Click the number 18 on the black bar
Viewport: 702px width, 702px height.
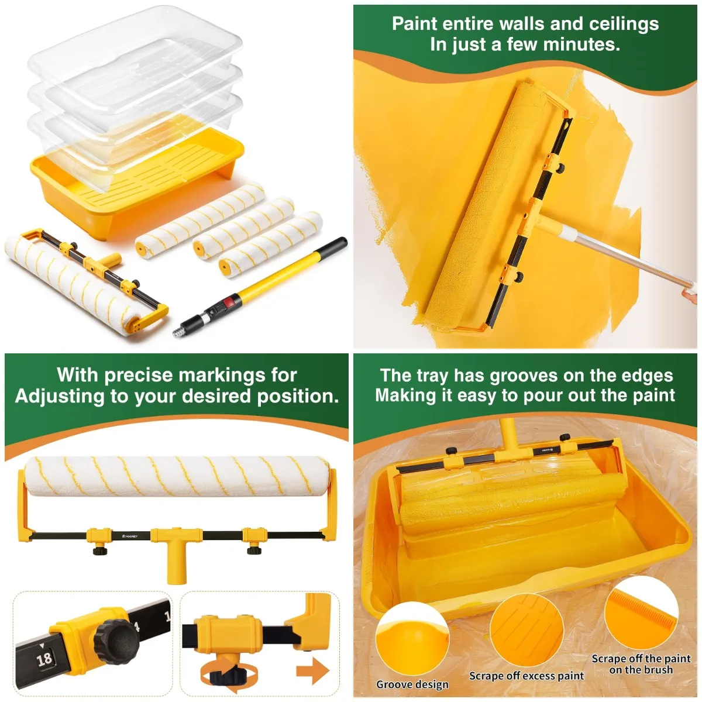[44, 659]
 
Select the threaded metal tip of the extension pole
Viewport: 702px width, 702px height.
[176, 332]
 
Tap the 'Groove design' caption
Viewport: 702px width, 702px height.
[412, 684]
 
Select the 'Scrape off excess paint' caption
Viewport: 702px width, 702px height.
[526, 676]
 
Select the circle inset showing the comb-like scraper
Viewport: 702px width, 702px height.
[641, 614]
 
